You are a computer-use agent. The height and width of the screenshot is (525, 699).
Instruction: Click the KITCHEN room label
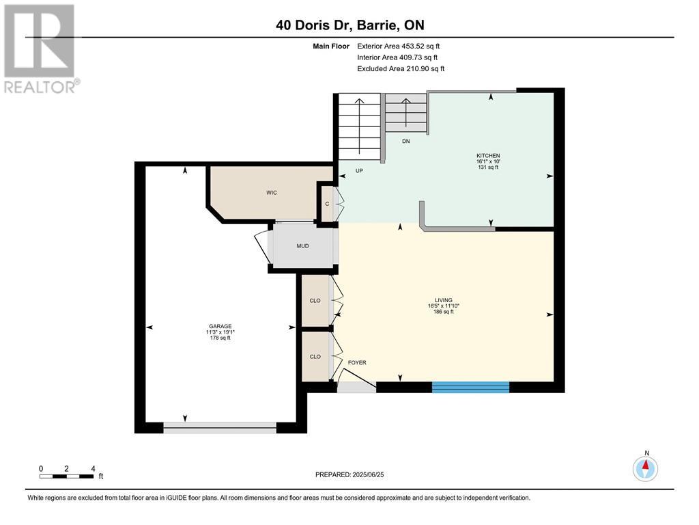point(488,156)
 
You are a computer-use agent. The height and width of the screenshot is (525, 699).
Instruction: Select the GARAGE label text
point(220,326)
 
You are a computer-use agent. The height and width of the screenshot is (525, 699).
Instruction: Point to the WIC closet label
point(272,193)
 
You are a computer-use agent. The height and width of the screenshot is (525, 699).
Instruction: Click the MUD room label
point(303,246)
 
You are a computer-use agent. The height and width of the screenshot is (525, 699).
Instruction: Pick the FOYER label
point(357,362)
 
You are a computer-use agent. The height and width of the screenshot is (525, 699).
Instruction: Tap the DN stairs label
point(405,142)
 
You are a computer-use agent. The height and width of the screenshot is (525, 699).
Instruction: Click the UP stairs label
point(358,171)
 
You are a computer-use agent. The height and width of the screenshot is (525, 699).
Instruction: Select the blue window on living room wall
point(470,387)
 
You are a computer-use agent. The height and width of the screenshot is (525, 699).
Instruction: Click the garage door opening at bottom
point(220,428)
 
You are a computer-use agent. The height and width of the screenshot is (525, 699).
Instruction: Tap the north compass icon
point(645,468)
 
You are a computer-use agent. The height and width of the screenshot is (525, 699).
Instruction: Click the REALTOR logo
point(40,48)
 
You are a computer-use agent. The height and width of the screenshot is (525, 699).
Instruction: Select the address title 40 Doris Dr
point(349,25)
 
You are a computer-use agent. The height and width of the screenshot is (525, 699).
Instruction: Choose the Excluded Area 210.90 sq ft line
point(401,68)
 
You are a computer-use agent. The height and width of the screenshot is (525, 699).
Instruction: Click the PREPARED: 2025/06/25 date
point(354,474)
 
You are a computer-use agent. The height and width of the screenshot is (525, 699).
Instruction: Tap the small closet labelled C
point(327,204)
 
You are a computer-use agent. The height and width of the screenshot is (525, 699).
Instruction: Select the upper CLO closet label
point(315,301)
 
